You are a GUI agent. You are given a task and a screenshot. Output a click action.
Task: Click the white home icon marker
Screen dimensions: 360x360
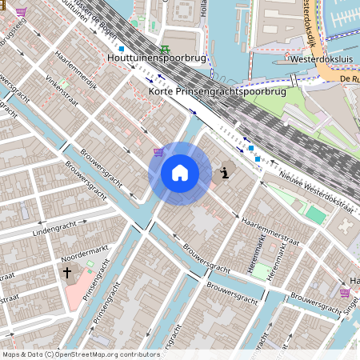(x=180, y=172)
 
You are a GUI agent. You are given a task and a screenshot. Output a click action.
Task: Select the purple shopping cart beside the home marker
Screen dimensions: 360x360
(x=158, y=151)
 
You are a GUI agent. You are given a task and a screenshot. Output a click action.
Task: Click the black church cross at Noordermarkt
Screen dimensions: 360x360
(x=67, y=274)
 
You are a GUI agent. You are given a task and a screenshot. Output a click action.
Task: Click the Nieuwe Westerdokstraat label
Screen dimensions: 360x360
(x=316, y=193)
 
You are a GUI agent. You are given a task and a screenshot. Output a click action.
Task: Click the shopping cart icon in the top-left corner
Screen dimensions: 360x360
(x=21, y=12)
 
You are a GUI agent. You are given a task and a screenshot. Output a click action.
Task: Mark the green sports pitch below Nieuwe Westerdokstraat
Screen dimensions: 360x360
(x=317, y=215)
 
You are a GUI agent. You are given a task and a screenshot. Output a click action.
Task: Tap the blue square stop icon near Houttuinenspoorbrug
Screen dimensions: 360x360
(x=122, y=49)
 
